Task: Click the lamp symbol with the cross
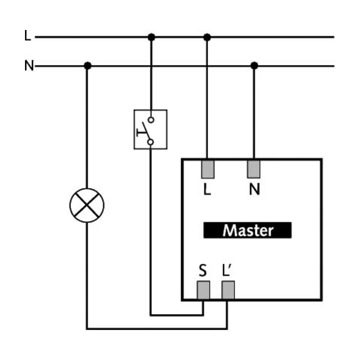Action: (x=87, y=205)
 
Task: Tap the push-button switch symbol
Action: (x=150, y=129)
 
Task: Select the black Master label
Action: (x=247, y=230)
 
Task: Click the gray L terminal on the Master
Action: (x=208, y=169)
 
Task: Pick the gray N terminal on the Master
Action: (x=253, y=169)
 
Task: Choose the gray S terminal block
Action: (x=203, y=290)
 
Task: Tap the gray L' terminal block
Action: (x=228, y=290)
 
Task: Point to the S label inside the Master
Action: (x=202, y=270)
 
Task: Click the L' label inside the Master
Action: (x=227, y=270)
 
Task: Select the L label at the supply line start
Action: (x=27, y=35)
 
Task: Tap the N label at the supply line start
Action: (x=29, y=65)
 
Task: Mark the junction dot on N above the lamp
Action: (x=87, y=65)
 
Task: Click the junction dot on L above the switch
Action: (x=151, y=37)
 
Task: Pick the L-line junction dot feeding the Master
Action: (x=207, y=37)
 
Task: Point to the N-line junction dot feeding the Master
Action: (x=254, y=65)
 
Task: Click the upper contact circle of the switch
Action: (x=151, y=120)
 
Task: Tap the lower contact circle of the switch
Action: (x=150, y=142)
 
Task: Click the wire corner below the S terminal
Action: (x=203, y=315)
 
